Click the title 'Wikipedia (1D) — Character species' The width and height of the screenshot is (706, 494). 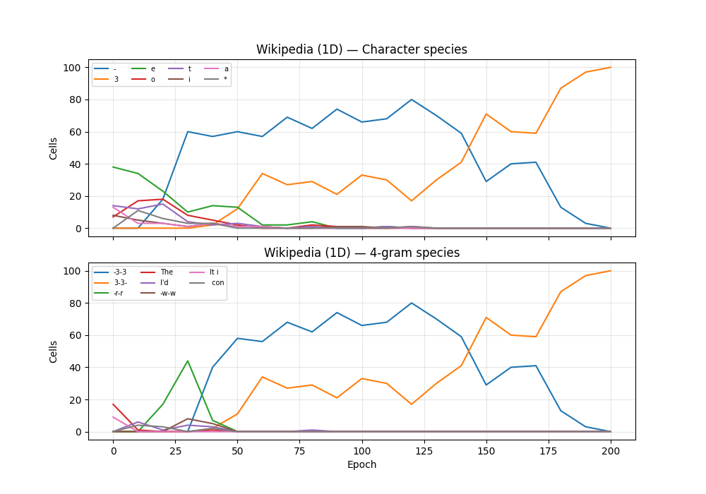(361, 49)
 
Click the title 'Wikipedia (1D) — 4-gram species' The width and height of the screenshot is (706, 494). (361, 253)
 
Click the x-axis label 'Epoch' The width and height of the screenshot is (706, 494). (361, 465)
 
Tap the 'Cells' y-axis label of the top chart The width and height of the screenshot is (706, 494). (54, 147)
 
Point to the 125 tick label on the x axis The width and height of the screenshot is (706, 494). (424, 450)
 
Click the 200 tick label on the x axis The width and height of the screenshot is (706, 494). (611, 450)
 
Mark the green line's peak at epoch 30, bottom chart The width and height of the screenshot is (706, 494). (188, 361)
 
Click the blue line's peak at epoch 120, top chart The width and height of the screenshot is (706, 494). (412, 100)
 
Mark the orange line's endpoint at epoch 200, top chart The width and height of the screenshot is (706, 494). (611, 68)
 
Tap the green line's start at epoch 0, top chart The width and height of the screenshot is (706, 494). (113, 167)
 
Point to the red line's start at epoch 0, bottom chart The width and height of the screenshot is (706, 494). (113, 404)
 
